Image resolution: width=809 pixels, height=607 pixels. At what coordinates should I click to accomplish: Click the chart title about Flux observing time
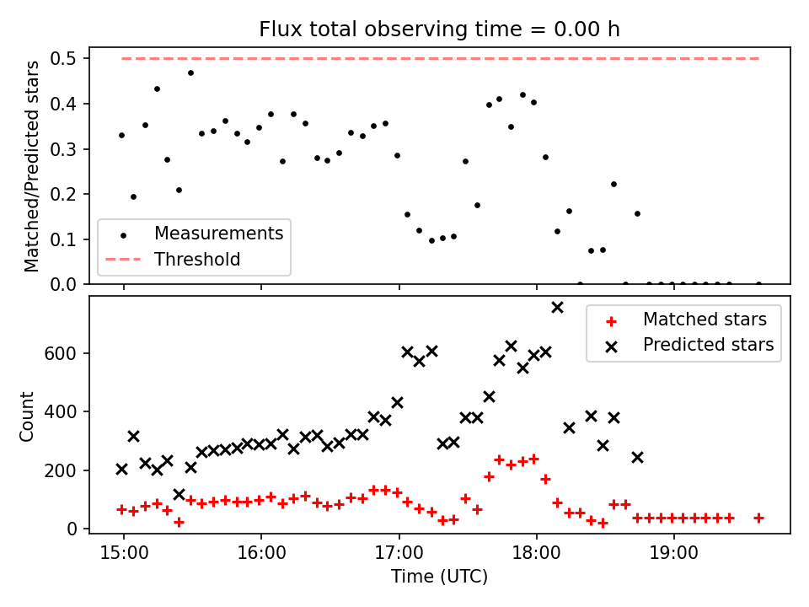pos(439,30)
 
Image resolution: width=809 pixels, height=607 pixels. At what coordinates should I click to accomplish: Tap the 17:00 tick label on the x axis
pos(399,553)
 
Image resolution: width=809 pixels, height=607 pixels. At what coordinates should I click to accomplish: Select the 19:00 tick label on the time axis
pos(674,553)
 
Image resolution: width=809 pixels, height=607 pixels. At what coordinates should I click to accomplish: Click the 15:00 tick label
pos(123,553)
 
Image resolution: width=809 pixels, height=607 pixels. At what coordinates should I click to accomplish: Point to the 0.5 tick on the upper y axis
pos(63,59)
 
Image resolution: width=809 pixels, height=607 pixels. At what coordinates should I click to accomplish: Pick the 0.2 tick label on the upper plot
pos(63,195)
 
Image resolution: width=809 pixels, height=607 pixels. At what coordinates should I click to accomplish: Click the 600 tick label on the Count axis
pos(60,353)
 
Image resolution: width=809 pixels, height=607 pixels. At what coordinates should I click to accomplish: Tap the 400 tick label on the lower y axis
pos(60,412)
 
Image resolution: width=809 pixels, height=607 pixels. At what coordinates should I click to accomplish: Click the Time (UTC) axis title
pos(439,577)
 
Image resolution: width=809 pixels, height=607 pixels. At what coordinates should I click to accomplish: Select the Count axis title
pos(26,416)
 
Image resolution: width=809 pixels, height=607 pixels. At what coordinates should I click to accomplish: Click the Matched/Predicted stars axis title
pos(31,166)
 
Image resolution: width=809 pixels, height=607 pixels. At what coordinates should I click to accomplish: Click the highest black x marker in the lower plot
pos(557,308)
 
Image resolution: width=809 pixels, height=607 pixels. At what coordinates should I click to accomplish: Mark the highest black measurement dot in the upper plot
pos(191,73)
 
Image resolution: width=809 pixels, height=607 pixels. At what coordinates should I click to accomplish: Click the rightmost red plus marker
pos(758,518)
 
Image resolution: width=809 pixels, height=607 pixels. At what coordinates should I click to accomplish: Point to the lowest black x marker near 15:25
pos(179,495)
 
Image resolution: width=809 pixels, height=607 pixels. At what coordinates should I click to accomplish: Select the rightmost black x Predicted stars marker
pos(638,457)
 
